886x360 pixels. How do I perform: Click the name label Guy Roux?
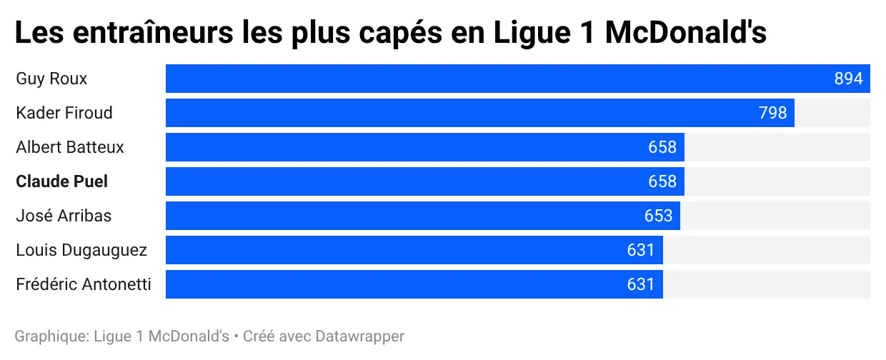click(51, 79)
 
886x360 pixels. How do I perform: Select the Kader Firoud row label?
click(64, 113)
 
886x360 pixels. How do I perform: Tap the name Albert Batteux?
click(70, 147)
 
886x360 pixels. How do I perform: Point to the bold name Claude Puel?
click(62, 181)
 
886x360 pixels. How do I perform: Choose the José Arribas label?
click(64, 216)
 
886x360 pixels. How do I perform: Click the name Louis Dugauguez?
click(81, 250)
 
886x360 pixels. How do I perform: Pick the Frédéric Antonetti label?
click(84, 284)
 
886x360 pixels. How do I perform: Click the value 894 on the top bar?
click(849, 79)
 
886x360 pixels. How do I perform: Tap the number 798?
click(772, 113)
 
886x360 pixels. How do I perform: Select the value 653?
click(659, 216)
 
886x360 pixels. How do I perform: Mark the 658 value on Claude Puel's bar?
click(662, 181)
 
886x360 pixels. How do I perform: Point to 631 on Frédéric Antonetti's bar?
click(641, 284)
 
